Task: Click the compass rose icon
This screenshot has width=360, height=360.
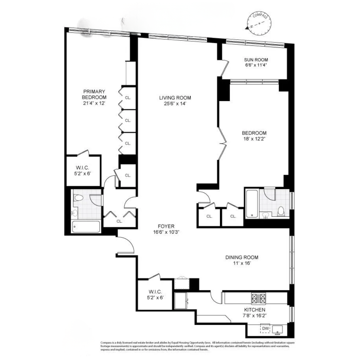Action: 259,23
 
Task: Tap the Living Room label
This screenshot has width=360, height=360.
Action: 175,98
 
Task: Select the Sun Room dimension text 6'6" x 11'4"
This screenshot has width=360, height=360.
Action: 256,65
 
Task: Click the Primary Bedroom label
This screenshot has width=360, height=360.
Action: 94,94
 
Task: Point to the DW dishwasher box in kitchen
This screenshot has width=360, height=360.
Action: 265,329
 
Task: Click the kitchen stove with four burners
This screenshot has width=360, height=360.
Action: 259,298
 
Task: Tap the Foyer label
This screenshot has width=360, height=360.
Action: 166,226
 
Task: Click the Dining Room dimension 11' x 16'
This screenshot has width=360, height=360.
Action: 242,263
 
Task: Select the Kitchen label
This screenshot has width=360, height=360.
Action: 255,310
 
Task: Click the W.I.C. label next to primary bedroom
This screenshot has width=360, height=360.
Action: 82,168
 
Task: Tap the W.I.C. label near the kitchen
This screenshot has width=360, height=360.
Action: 155,292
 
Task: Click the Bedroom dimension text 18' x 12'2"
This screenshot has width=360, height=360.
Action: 254,139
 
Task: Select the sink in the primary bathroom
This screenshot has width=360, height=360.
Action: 75,214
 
